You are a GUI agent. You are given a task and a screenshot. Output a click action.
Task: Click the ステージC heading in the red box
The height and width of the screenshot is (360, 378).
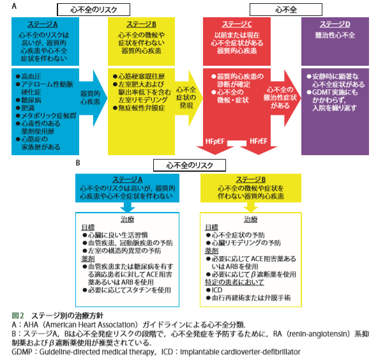point(237,24)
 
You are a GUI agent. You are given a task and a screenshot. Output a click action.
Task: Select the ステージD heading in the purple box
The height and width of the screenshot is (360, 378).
point(335,24)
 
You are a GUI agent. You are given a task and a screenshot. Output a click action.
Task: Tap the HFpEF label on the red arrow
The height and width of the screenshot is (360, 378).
point(215,141)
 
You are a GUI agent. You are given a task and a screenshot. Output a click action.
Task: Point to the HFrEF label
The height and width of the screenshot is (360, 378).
point(259,141)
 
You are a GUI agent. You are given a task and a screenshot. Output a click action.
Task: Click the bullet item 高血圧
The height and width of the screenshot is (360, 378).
point(29,77)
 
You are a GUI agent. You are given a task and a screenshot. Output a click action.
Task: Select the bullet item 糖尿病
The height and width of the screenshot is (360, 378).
point(29,100)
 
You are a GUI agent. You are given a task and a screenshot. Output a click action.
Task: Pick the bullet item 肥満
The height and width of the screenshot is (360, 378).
point(26,108)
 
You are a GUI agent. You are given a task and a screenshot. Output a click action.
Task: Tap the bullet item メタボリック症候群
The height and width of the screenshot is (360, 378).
point(46,116)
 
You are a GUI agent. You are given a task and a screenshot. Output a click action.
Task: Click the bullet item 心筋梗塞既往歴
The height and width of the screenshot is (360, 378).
point(139,77)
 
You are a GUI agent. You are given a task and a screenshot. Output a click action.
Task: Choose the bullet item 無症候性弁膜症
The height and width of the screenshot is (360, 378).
point(139,108)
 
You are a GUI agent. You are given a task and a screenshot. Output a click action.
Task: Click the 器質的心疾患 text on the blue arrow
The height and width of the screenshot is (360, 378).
point(90,98)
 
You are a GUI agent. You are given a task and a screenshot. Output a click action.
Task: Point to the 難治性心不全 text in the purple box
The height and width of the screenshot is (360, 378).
point(335,35)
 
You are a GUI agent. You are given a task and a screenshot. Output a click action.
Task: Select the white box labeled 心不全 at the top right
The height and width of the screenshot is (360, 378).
point(286,10)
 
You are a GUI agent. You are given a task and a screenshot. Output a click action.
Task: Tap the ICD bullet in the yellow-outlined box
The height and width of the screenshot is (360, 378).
point(215,290)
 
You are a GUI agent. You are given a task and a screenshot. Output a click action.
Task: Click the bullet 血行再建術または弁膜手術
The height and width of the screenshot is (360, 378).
point(248,298)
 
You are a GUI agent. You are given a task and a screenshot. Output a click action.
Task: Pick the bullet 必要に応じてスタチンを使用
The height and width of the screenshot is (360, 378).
point(127,290)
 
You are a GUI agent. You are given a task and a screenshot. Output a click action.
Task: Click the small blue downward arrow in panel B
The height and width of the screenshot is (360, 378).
point(127,207)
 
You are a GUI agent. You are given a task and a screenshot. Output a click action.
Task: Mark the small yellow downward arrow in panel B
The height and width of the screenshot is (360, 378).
point(251,207)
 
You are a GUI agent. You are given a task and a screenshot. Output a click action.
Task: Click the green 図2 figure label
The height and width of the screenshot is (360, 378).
point(18,315)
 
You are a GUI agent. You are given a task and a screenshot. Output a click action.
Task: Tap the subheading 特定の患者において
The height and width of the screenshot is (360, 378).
point(234,282)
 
